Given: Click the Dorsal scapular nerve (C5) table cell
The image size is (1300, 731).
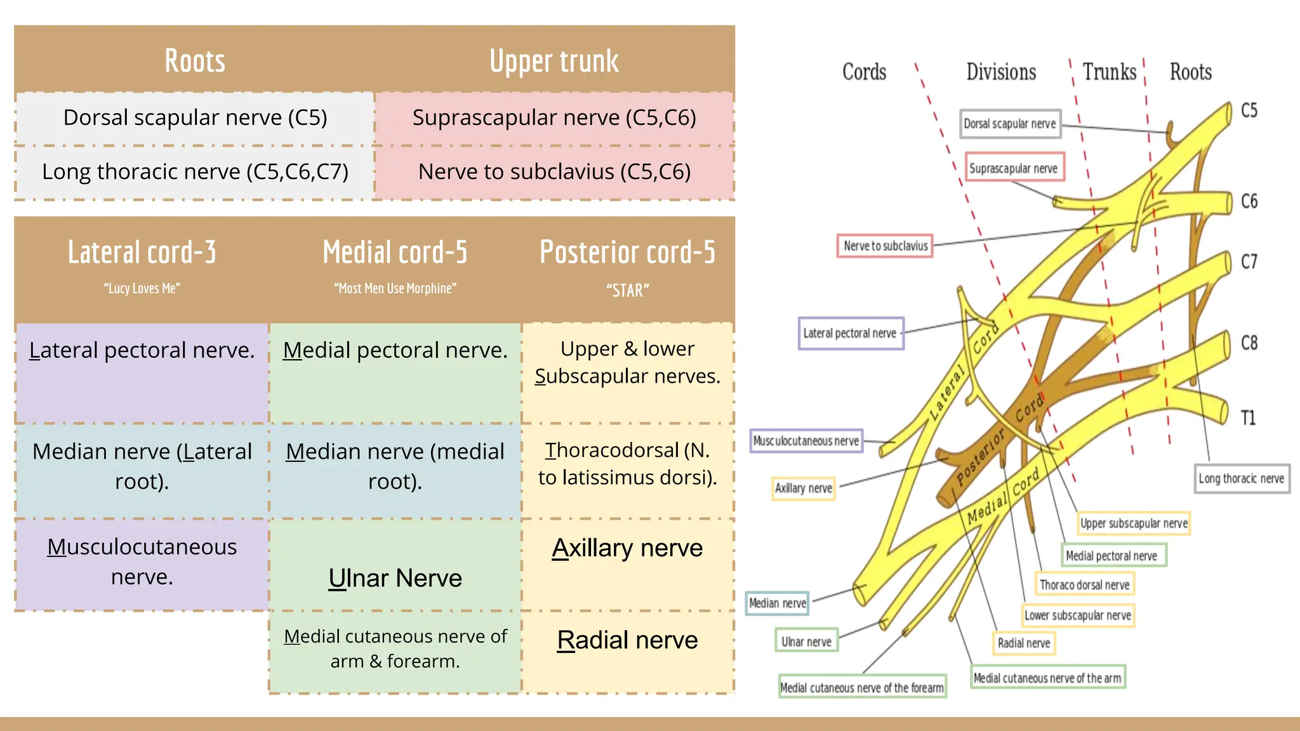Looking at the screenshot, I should [x=195, y=118].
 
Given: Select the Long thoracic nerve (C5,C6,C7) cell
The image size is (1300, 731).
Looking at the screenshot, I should [x=195, y=172].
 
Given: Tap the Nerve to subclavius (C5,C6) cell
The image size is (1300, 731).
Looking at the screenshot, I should [x=554, y=172].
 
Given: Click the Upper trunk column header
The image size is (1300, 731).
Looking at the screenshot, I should [x=554, y=62].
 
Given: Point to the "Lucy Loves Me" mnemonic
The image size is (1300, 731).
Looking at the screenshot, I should [x=142, y=289].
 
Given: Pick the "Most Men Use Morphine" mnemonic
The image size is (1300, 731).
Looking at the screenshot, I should [x=395, y=289].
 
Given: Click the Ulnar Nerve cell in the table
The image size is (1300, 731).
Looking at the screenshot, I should [x=395, y=578].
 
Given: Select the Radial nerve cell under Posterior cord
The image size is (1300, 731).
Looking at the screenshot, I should [x=627, y=640].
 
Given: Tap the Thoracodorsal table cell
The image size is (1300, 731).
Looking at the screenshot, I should [x=627, y=464].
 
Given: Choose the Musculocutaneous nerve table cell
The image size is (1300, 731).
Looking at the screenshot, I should [x=142, y=562].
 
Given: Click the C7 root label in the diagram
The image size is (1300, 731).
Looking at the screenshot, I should [x=1249, y=261].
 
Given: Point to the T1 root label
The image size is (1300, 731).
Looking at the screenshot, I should [x=1248, y=418].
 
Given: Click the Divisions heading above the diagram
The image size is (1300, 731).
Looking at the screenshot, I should [x=1001, y=72].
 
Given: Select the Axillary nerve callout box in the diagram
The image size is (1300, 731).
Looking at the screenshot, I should [x=803, y=489].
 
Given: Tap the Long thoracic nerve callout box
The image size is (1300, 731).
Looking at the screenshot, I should [x=1241, y=479].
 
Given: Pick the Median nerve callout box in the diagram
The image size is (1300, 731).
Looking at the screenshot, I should [x=778, y=603].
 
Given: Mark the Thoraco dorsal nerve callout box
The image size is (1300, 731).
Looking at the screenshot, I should [x=1084, y=585].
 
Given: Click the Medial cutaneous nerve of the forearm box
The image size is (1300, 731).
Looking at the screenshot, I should [x=862, y=688].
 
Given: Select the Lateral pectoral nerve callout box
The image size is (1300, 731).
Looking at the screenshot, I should [x=850, y=334].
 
